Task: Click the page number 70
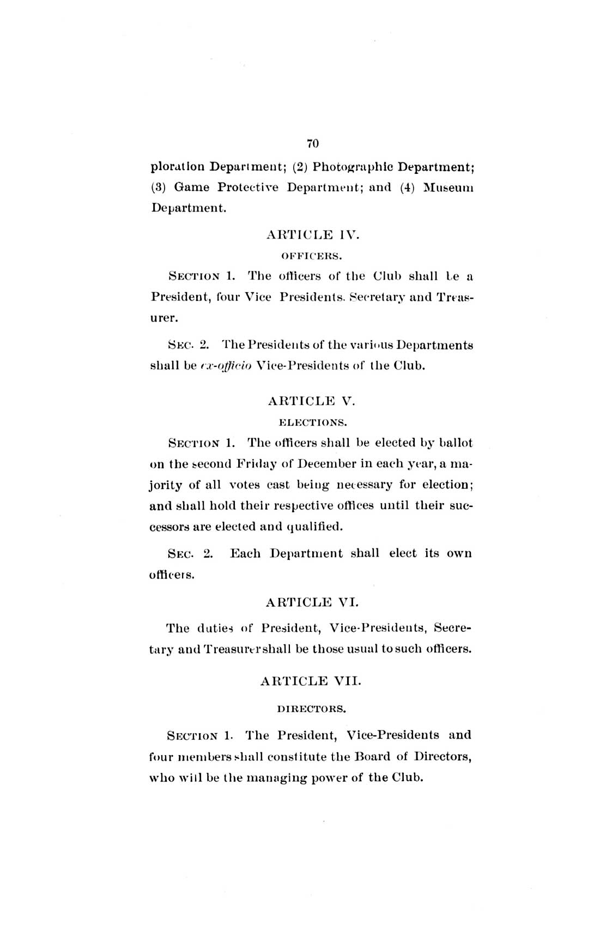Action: [x=312, y=143]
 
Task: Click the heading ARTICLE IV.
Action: [x=313, y=235]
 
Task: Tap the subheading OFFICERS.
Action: [x=312, y=255]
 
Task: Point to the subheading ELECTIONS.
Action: [x=312, y=422]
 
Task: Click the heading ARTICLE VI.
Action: [x=312, y=602]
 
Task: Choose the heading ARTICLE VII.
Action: [x=311, y=681]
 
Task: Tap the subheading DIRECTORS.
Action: [x=312, y=709]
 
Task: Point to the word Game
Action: [x=191, y=187]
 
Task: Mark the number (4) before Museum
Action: [x=408, y=187]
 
